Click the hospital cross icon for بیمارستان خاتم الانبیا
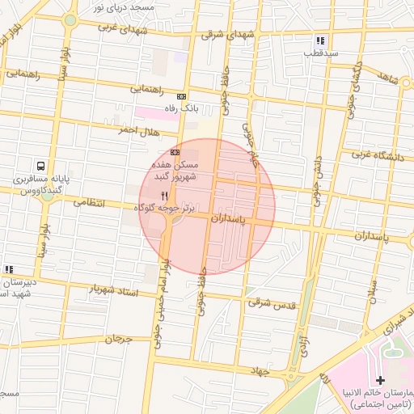[381, 380]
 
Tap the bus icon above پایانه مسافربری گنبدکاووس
[40, 165]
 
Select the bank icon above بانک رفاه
[182, 95]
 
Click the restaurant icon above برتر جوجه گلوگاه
[164, 196]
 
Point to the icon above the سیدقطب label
[321, 40]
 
